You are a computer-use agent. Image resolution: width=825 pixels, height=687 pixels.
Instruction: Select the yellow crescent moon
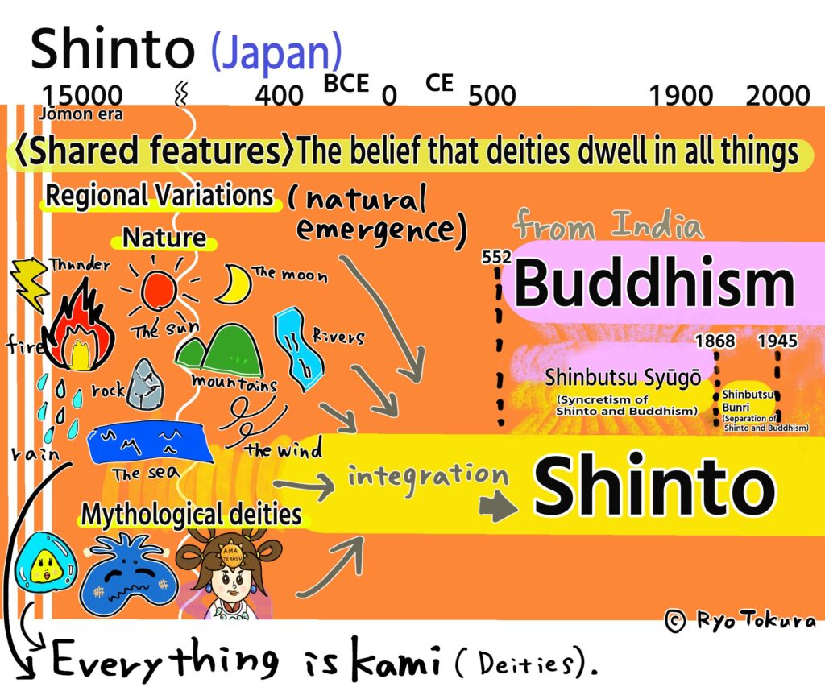pyautogui.click(x=233, y=284)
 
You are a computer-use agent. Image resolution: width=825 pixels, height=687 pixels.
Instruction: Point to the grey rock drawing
pyautogui.click(x=145, y=384)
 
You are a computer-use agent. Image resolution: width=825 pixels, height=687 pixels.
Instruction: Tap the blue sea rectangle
pyautogui.click(x=150, y=444)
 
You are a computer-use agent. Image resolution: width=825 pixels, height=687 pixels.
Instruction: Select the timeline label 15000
pyautogui.click(x=83, y=96)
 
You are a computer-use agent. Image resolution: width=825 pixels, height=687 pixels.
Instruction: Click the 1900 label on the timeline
pyautogui.click(x=682, y=97)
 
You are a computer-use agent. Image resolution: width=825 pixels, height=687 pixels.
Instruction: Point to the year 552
pyautogui.click(x=496, y=257)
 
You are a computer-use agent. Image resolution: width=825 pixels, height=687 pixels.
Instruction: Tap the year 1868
pyautogui.click(x=715, y=341)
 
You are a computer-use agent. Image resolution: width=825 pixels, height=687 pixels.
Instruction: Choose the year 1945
pyautogui.click(x=777, y=341)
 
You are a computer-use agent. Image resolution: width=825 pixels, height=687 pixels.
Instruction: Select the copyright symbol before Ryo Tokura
pyautogui.click(x=675, y=621)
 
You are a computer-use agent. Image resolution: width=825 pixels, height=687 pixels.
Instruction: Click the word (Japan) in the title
pyautogui.click(x=276, y=51)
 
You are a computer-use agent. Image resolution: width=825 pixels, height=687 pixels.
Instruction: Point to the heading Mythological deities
pyautogui.click(x=191, y=514)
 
